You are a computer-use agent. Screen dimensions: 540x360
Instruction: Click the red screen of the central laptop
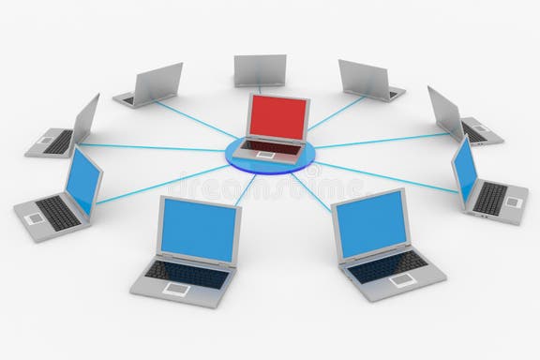(277, 117)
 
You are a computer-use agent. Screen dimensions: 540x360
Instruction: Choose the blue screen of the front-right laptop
(369, 223)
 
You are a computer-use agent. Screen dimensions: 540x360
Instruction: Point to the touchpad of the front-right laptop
(402, 278)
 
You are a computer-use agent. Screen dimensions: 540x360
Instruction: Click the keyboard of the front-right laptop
(385, 264)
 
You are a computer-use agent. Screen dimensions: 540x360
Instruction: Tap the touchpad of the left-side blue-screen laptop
(36, 217)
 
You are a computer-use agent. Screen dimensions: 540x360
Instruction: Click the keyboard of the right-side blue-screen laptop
(491, 197)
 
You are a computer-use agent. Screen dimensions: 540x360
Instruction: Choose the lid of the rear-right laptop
(364, 78)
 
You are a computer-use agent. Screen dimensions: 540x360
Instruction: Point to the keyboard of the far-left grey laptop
(58, 142)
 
